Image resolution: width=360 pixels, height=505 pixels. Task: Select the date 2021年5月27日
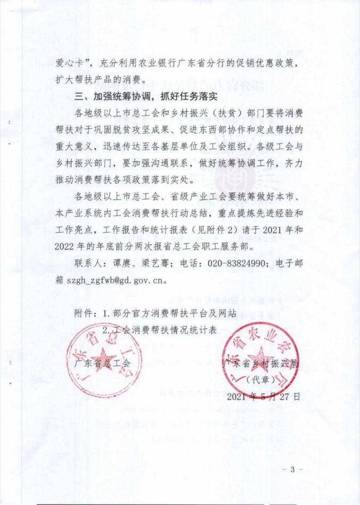[x=264, y=396]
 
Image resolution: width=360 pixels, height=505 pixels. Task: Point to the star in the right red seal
[x=261, y=357]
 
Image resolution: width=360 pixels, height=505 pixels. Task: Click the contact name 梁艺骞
[x=158, y=263]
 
